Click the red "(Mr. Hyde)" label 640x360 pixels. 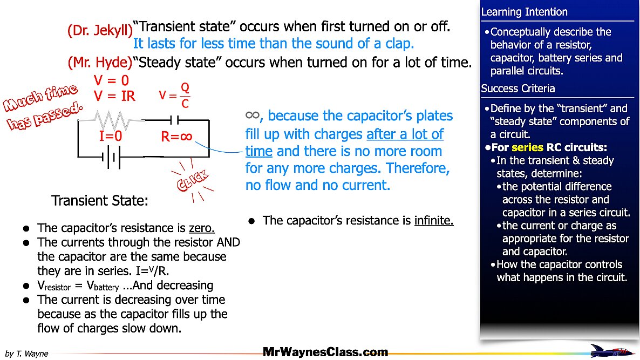100,63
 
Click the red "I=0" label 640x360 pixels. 111,137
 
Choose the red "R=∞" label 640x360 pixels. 177,137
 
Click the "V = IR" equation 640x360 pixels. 114,97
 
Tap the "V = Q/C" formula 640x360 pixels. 175,96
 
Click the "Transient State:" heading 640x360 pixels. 100,201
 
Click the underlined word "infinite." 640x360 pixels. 434,221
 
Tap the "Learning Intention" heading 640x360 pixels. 524,12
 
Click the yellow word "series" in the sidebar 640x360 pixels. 527,147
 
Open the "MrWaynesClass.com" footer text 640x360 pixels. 325,352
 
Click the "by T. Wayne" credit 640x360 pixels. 26,354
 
